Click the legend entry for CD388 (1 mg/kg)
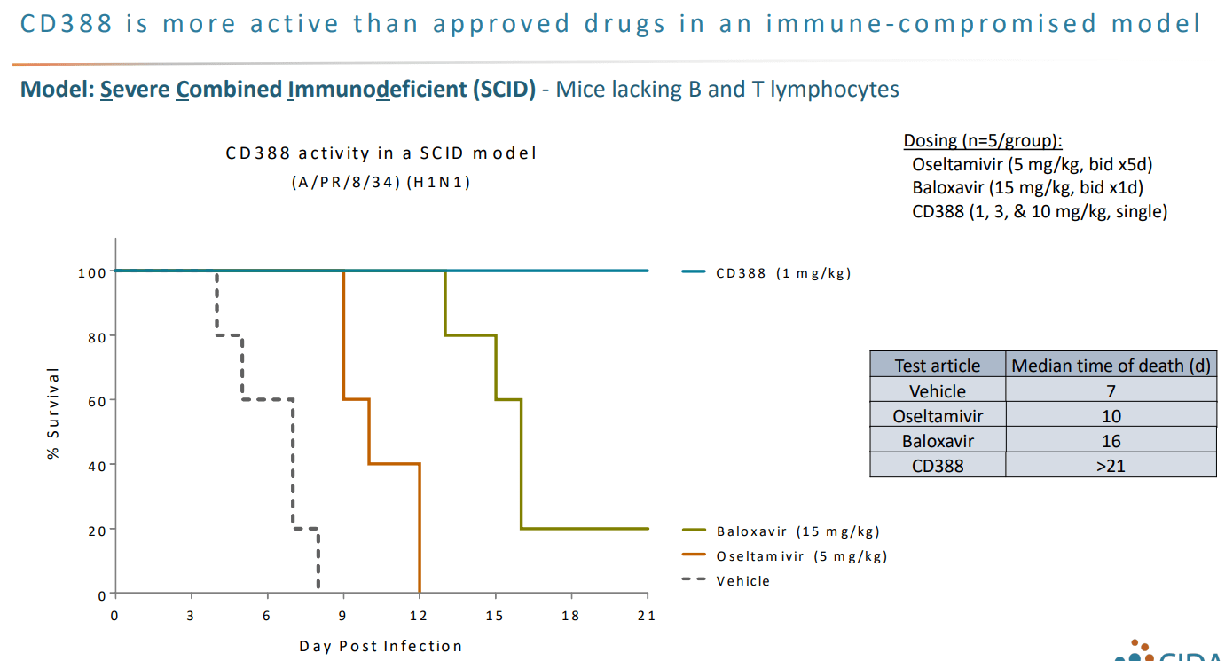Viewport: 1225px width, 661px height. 783,273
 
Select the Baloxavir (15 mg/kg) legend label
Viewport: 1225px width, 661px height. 798,531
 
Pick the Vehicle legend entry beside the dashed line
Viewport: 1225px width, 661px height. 743,581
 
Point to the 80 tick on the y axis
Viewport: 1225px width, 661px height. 91,336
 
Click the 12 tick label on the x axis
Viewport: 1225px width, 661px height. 419,616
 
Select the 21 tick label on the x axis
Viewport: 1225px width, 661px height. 647,616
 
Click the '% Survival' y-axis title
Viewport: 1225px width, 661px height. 54,413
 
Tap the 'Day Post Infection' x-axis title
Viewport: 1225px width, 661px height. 381,646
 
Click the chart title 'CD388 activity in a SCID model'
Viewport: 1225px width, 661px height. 381,153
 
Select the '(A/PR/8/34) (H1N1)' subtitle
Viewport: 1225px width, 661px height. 381,182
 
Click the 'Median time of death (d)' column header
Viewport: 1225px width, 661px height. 1111,366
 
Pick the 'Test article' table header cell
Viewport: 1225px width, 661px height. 937,366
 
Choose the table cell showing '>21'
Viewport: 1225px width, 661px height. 1111,465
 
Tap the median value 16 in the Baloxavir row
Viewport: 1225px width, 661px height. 1111,441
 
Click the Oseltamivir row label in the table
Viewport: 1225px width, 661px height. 937,416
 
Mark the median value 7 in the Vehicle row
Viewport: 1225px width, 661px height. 1111,391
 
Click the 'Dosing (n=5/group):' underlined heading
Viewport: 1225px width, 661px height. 983,140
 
